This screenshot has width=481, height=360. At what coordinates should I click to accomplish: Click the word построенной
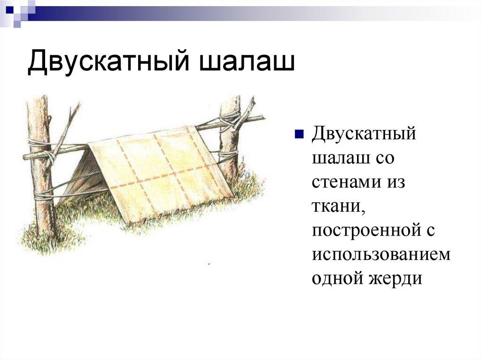tap(365, 230)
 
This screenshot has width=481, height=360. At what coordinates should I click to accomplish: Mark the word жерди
tap(396, 279)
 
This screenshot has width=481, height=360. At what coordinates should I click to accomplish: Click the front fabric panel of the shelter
tap(164, 174)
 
